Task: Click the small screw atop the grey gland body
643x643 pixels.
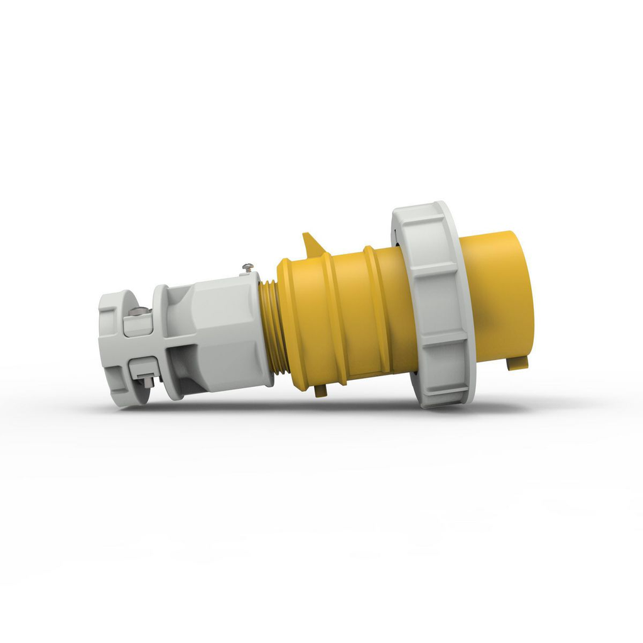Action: [x=246, y=268]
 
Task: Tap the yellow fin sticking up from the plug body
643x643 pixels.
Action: [x=311, y=245]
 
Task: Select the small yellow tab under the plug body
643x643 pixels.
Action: [x=320, y=391]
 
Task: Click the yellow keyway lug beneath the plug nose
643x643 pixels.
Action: [x=518, y=362]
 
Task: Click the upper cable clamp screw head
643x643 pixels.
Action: [x=139, y=311]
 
